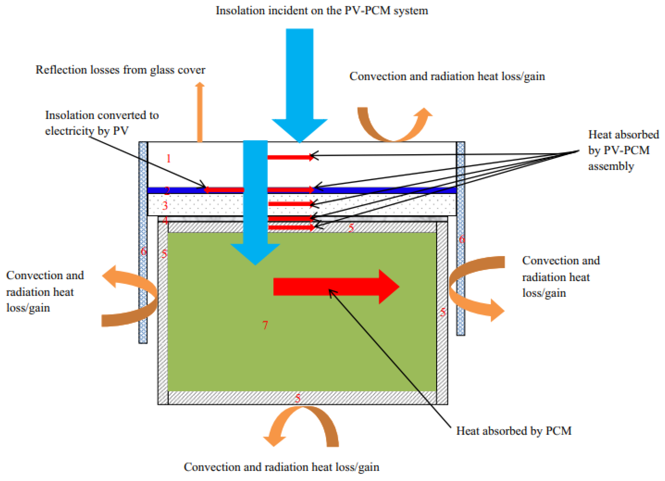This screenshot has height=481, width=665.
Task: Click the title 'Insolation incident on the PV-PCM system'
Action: click(x=322, y=11)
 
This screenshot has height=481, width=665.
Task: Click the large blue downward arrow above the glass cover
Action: click(x=299, y=82)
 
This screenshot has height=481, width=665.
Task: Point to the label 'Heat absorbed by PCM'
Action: click(x=514, y=431)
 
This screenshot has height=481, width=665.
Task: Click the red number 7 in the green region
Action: click(x=265, y=325)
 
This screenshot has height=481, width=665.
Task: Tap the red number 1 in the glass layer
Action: click(x=168, y=159)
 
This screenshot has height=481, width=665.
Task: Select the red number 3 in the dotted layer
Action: click(x=165, y=205)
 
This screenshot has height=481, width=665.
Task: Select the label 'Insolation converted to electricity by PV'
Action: click(x=101, y=123)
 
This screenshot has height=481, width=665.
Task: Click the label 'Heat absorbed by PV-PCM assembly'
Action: click(x=623, y=150)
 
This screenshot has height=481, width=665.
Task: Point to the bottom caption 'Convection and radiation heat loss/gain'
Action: click(x=282, y=467)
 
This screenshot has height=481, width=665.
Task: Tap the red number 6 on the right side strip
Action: click(x=461, y=239)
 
